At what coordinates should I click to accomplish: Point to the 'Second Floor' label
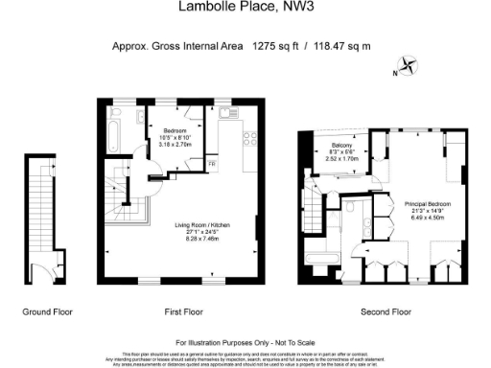(x=386, y=312)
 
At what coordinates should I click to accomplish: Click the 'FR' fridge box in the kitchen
(x=212, y=164)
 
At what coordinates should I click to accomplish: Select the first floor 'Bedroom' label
(x=175, y=130)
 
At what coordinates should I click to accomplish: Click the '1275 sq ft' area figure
(x=272, y=45)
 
